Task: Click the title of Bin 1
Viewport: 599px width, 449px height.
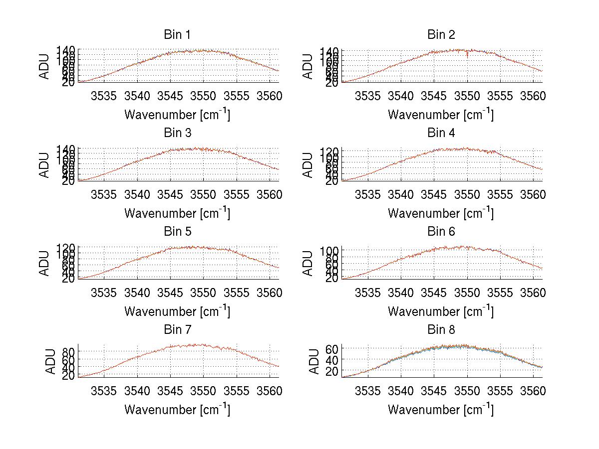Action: tap(177, 35)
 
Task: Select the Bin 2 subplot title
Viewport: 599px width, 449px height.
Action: tap(441, 35)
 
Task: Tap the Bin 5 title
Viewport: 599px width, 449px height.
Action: tap(177, 232)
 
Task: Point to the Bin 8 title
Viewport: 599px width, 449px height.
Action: tap(441, 330)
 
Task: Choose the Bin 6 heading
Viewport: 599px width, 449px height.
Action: tap(441, 232)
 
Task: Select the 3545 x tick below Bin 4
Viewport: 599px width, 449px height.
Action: tap(434, 194)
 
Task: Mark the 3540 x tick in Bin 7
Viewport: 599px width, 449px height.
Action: tap(137, 391)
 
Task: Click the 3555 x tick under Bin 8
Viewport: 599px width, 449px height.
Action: tap(500, 391)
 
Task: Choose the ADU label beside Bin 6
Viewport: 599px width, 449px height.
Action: tap(308, 263)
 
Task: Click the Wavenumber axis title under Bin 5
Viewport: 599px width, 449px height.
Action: tap(177, 312)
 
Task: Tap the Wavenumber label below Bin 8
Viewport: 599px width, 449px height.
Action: tap(441, 410)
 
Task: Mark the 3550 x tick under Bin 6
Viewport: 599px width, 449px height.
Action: tap(467, 293)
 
